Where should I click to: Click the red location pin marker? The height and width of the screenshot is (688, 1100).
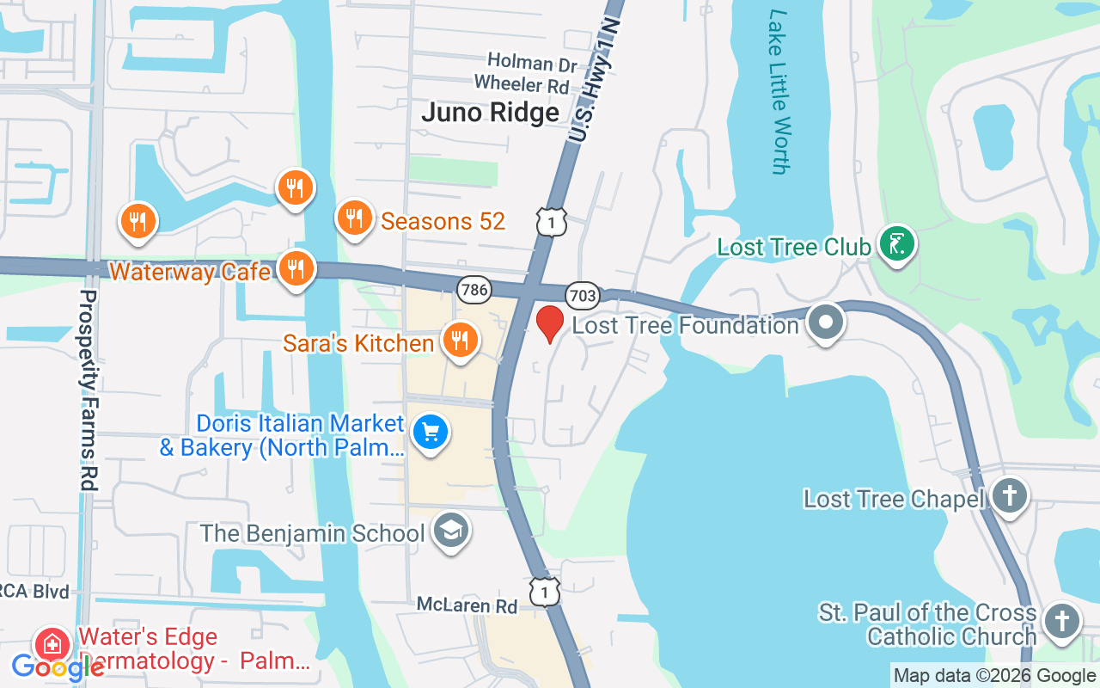550,323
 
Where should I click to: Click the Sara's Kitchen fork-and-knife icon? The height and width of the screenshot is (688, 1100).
460,341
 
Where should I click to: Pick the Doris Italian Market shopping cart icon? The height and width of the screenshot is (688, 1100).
430,432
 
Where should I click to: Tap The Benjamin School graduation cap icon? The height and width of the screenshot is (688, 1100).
450,531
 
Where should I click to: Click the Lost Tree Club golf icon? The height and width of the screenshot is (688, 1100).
896,246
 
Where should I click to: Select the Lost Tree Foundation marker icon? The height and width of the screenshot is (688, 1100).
826,323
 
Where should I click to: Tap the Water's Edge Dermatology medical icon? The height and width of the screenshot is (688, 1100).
52,644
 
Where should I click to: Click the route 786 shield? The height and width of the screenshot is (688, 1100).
474,290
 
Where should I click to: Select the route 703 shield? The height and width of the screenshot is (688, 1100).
582,296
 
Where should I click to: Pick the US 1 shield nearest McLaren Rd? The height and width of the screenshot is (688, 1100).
545,592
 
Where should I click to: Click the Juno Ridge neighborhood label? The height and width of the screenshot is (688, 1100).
490,112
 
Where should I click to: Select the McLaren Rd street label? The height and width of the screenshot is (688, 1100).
467,605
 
